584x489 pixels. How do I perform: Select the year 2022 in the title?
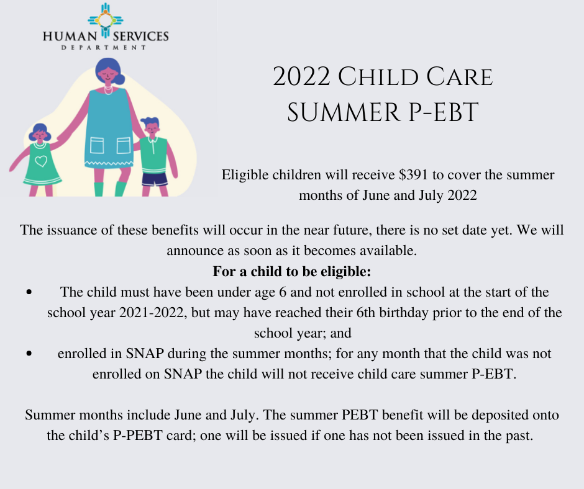pos(302,78)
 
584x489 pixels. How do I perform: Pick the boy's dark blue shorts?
pos(154,179)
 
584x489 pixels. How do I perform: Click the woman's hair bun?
pos(119,78)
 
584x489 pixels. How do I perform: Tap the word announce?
pos(193,251)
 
